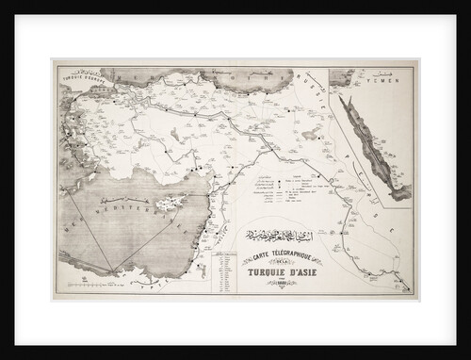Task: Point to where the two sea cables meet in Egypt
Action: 117,274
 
